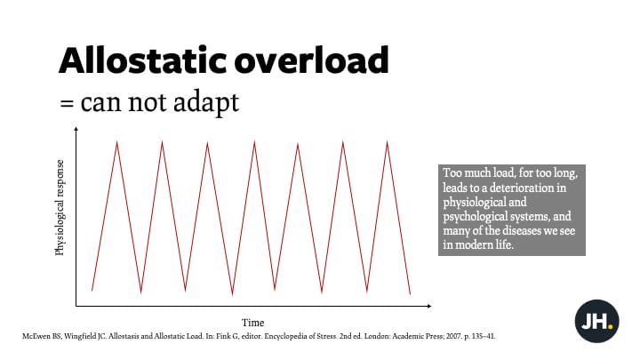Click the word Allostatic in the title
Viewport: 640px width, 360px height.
coord(143,60)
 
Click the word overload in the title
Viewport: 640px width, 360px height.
coord(312,60)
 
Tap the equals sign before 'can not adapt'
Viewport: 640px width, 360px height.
coord(67,103)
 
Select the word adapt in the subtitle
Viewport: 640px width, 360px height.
coord(206,103)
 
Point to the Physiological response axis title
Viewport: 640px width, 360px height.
coord(60,208)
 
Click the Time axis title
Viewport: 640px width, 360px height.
coord(253,323)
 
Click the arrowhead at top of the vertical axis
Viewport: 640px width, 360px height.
coord(76,129)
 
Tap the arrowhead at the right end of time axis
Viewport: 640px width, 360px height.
coord(429,306)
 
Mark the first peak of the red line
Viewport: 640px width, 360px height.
coord(117,141)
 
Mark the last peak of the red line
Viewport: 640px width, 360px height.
coord(387,141)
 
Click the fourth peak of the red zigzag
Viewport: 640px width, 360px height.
coord(255,141)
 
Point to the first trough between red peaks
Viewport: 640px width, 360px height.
coord(141,292)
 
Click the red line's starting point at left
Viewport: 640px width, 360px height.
coord(92,290)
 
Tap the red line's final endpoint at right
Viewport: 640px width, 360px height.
coord(410,294)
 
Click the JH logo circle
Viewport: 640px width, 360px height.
coord(596,321)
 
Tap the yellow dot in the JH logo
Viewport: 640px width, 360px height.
coord(610,326)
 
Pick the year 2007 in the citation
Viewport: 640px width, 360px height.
coord(453,337)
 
